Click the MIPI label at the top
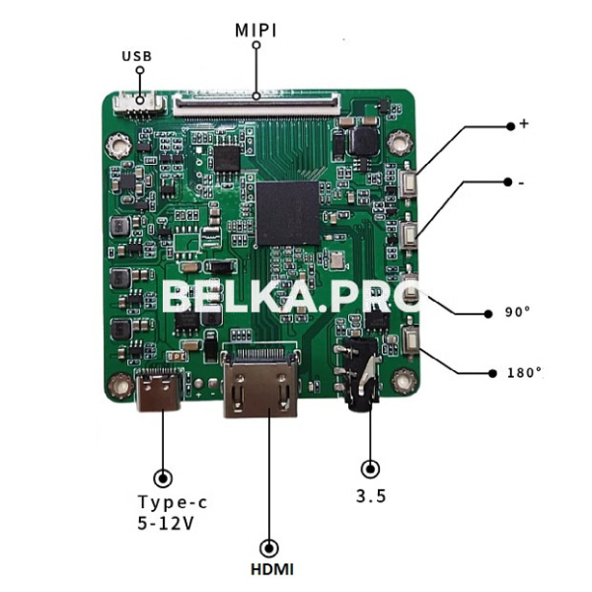(x=256, y=31)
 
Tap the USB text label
(x=136, y=56)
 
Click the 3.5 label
(x=371, y=496)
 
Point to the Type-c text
(x=173, y=501)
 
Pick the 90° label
(x=518, y=312)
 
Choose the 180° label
(x=523, y=373)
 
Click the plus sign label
(x=524, y=123)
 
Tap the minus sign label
(x=520, y=183)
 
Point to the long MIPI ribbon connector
(x=256, y=100)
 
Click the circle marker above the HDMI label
(x=266, y=547)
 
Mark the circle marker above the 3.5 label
(x=371, y=471)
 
